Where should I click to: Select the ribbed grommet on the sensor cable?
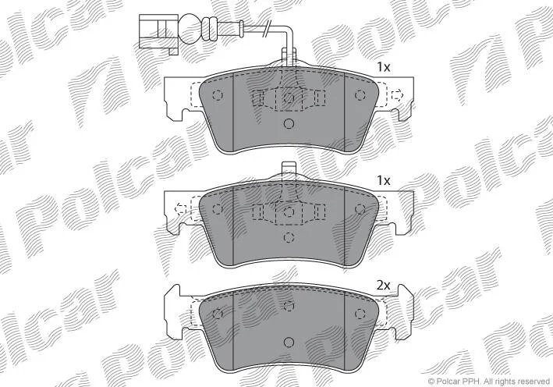point(210,29)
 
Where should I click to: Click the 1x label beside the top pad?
point(384,67)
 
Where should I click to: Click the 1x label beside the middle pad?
point(384,181)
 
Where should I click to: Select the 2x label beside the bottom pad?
point(384,285)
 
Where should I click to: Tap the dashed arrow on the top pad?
point(398,95)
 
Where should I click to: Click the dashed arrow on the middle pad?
point(181,209)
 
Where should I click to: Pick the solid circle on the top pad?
point(289,123)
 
